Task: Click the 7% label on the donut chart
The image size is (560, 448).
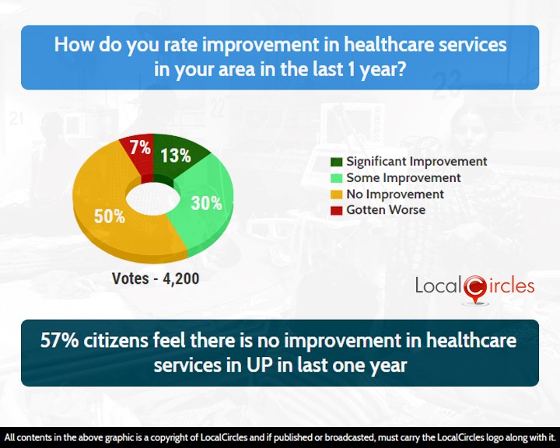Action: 140,148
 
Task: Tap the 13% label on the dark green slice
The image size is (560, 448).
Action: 175,156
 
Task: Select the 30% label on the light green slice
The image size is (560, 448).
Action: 206,203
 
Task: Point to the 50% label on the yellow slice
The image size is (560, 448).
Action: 110,216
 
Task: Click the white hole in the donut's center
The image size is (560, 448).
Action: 153,198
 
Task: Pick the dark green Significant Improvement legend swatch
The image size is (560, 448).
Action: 337,162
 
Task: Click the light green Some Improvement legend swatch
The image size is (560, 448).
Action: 337,178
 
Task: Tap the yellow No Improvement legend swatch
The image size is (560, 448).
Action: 337,194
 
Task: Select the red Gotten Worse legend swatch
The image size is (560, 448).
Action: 337,210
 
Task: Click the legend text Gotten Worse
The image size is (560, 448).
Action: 386,210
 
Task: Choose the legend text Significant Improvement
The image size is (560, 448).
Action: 417,162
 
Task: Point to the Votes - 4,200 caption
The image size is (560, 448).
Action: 156,278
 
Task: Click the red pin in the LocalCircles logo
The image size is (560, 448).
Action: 475,289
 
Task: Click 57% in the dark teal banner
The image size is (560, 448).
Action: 60,341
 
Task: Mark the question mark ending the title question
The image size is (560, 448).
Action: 401,69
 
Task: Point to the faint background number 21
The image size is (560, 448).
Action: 16,118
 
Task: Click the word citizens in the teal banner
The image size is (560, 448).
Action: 116,341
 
